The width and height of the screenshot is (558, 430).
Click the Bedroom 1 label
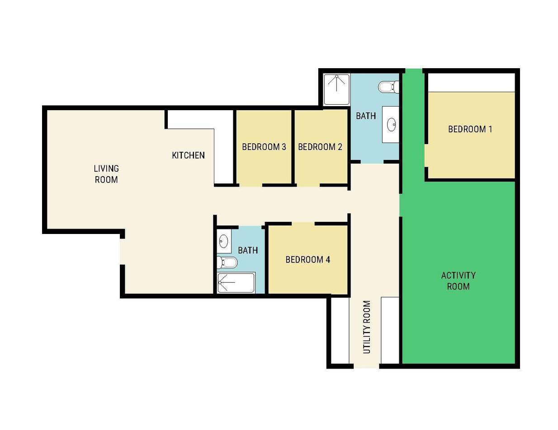470,129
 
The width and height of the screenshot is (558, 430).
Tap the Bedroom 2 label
320,147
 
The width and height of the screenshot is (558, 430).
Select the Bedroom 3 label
264,147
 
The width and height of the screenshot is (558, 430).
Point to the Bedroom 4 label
307,259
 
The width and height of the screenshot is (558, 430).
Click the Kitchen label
188,155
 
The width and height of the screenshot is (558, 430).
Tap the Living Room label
106,174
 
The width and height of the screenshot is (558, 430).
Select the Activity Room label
459,281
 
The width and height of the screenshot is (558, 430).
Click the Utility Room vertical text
367,327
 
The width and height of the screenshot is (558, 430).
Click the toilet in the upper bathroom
389,87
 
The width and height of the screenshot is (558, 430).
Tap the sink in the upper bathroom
391,125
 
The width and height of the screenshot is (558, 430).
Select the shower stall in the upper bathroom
336,89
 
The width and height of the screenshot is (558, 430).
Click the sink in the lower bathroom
223,241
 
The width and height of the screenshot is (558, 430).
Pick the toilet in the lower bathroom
227,262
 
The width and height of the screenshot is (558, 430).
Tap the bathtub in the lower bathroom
236,283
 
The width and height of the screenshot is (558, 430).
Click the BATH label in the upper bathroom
366,116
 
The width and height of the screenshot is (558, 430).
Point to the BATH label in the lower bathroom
248,250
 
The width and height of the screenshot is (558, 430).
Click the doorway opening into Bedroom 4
303,224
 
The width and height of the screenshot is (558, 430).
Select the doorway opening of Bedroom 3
251,185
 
